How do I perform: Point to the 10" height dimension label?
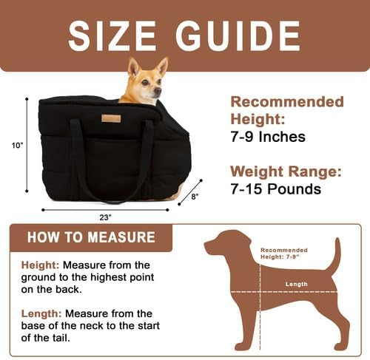18,145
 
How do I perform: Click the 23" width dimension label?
105,217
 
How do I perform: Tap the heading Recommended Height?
287,110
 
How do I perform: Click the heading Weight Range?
285,171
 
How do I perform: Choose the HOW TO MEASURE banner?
91,237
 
